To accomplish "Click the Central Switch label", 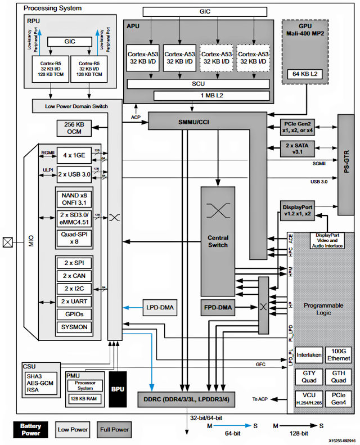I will click(218, 241).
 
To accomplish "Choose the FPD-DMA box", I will click(218, 308).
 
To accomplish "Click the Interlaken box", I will click(309, 354).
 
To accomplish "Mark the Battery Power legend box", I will click(30, 429).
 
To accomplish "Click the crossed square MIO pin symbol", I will click(7, 242).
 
